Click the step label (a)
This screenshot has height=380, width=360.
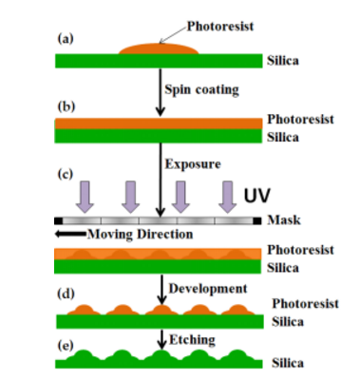click(x=66, y=39)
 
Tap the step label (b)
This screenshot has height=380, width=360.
click(x=66, y=106)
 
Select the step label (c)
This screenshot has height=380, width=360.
click(x=66, y=174)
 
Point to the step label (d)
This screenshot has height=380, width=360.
click(x=66, y=294)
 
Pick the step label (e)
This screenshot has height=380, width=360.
click(x=66, y=345)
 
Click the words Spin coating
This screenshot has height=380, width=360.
click(x=201, y=89)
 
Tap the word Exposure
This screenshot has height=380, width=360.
click(x=193, y=164)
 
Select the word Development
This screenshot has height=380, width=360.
click(x=208, y=289)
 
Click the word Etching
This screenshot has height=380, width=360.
click(x=192, y=340)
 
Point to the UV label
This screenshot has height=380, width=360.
click(x=256, y=195)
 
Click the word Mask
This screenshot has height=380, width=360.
click(x=284, y=219)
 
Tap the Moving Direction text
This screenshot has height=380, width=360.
click(x=140, y=235)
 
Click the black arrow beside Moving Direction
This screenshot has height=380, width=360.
click(x=70, y=235)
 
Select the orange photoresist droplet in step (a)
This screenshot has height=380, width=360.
click(x=159, y=48)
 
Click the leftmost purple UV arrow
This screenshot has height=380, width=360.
click(x=85, y=197)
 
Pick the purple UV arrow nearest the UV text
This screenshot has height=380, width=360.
click(x=228, y=197)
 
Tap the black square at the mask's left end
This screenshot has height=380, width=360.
click(x=59, y=220)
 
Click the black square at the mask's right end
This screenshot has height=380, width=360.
click(x=257, y=220)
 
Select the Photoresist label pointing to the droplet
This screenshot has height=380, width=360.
click(x=220, y=27)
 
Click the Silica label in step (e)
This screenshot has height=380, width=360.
click(x=288, y=363)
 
